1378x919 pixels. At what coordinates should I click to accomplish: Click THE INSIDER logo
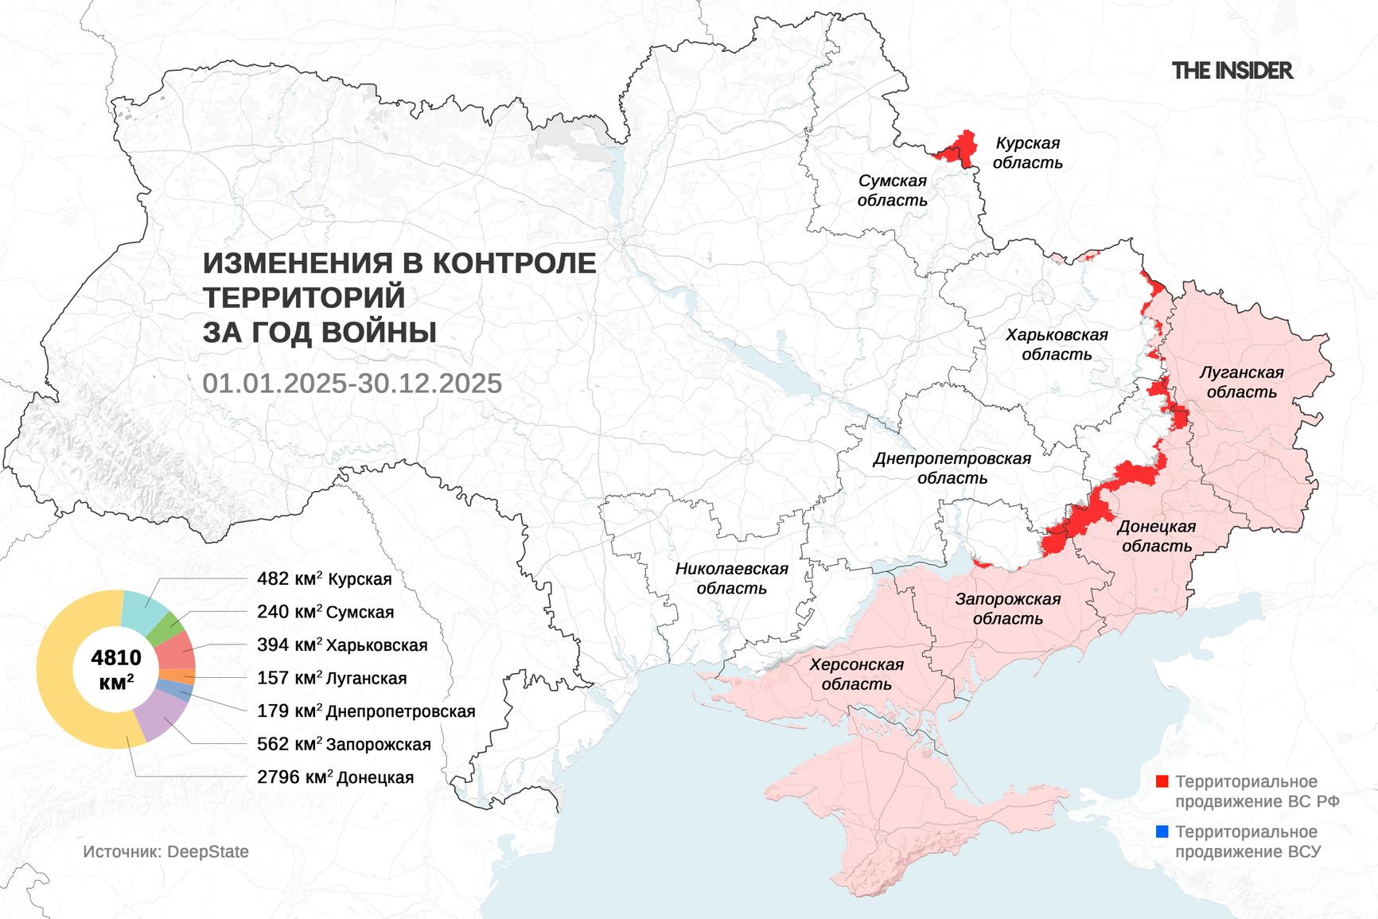[x=1232, y=71]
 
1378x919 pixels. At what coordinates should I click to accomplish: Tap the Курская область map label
[x=1027, y=153]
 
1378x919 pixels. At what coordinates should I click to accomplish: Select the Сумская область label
[x=892, y=190]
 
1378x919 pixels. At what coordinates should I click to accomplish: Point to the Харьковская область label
[x=1056, y=345]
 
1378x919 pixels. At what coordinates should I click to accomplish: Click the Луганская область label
[x=1241, y=382]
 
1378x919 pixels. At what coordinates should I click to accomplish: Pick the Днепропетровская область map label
[x=952, y=468]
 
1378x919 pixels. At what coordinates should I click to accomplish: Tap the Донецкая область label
[x=1156, y=536]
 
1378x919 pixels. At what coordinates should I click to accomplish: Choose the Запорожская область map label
[x=1007, y=609]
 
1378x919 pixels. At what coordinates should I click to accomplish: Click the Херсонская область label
[x=856, y=674]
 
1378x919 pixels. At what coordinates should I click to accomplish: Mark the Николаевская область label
[x=731, y=578]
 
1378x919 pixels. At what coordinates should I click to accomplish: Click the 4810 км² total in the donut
[x=116, y=668]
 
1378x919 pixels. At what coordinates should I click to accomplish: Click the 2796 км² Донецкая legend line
[x=335, y=777]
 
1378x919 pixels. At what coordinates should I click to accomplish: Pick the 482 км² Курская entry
[x=324, y=579]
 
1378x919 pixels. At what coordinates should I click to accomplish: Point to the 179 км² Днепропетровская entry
[x=366, y=711]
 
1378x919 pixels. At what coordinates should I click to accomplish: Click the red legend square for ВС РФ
[x=1162, y=781]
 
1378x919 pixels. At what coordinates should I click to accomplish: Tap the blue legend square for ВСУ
[x=1162, y=831]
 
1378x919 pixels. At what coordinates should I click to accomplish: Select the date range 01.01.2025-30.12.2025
[x=352, y=384]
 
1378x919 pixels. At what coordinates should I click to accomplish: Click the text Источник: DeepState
[x=165, y=851]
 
